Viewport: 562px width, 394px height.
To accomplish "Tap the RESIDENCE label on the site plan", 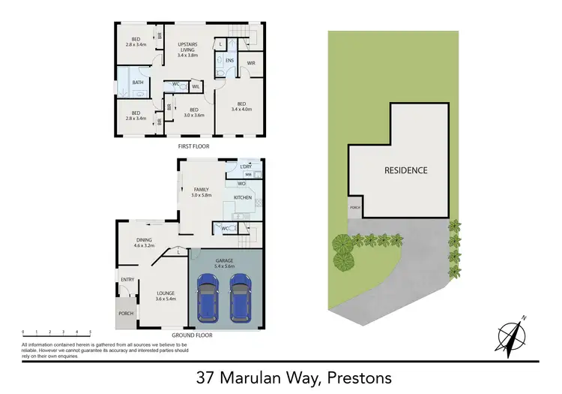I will pos(406,170).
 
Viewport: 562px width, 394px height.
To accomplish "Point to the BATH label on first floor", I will pos(138,83).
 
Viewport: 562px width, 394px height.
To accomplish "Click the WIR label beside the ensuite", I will pos(251,62).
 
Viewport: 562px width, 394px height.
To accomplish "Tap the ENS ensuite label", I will pos(229,60).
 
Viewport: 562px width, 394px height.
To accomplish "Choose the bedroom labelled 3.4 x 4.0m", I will pos(241,107).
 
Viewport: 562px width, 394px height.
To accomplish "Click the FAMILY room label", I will pos(201,192).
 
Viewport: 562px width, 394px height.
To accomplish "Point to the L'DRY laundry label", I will pos(245,166).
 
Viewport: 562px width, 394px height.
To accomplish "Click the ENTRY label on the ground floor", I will pos(127,280).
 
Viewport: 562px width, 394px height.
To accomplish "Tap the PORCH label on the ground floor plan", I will pos(126,314).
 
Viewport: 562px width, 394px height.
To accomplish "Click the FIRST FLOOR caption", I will pos(193,146).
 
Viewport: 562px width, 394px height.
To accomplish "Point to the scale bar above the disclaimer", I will pos(56,332).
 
